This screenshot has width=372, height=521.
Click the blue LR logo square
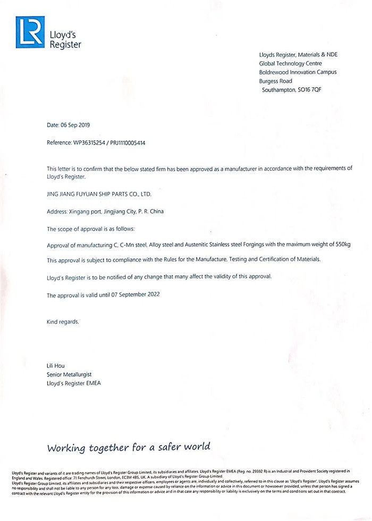(x=30, y=32)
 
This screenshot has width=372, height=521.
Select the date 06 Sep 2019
(x=77, y=125)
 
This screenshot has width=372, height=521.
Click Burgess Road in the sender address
(x=275, y=81)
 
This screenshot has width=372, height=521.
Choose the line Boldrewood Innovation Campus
(x=298, y=72)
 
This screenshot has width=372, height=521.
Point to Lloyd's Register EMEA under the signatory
(x=74, y=383)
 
